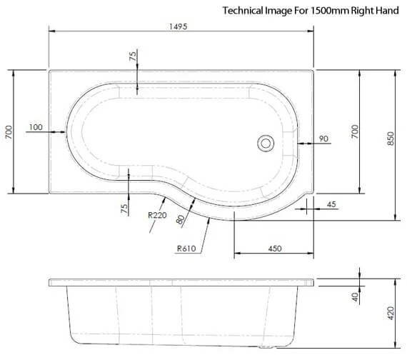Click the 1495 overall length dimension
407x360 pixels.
(180, 26)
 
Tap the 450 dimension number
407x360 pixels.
(274, 249)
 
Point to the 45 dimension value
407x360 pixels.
(331, 206)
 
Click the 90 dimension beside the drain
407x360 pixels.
(323, 139)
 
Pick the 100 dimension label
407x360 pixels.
(36, 127)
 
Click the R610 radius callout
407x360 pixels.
(186, 249)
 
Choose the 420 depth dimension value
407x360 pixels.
(391, 313)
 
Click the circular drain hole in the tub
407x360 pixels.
(266, 143)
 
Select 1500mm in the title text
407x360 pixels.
(326, 11)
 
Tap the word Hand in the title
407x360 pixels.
(388, 11)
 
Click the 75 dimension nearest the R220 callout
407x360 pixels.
(124, 209)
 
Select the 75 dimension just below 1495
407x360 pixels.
(132, 57)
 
